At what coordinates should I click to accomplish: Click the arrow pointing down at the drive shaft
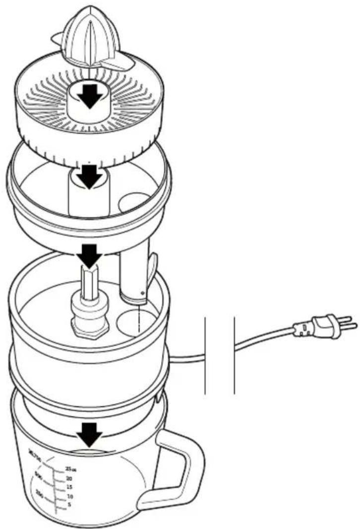click(x=90, y=253)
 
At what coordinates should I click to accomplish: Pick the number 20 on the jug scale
click(x=69, y=478)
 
